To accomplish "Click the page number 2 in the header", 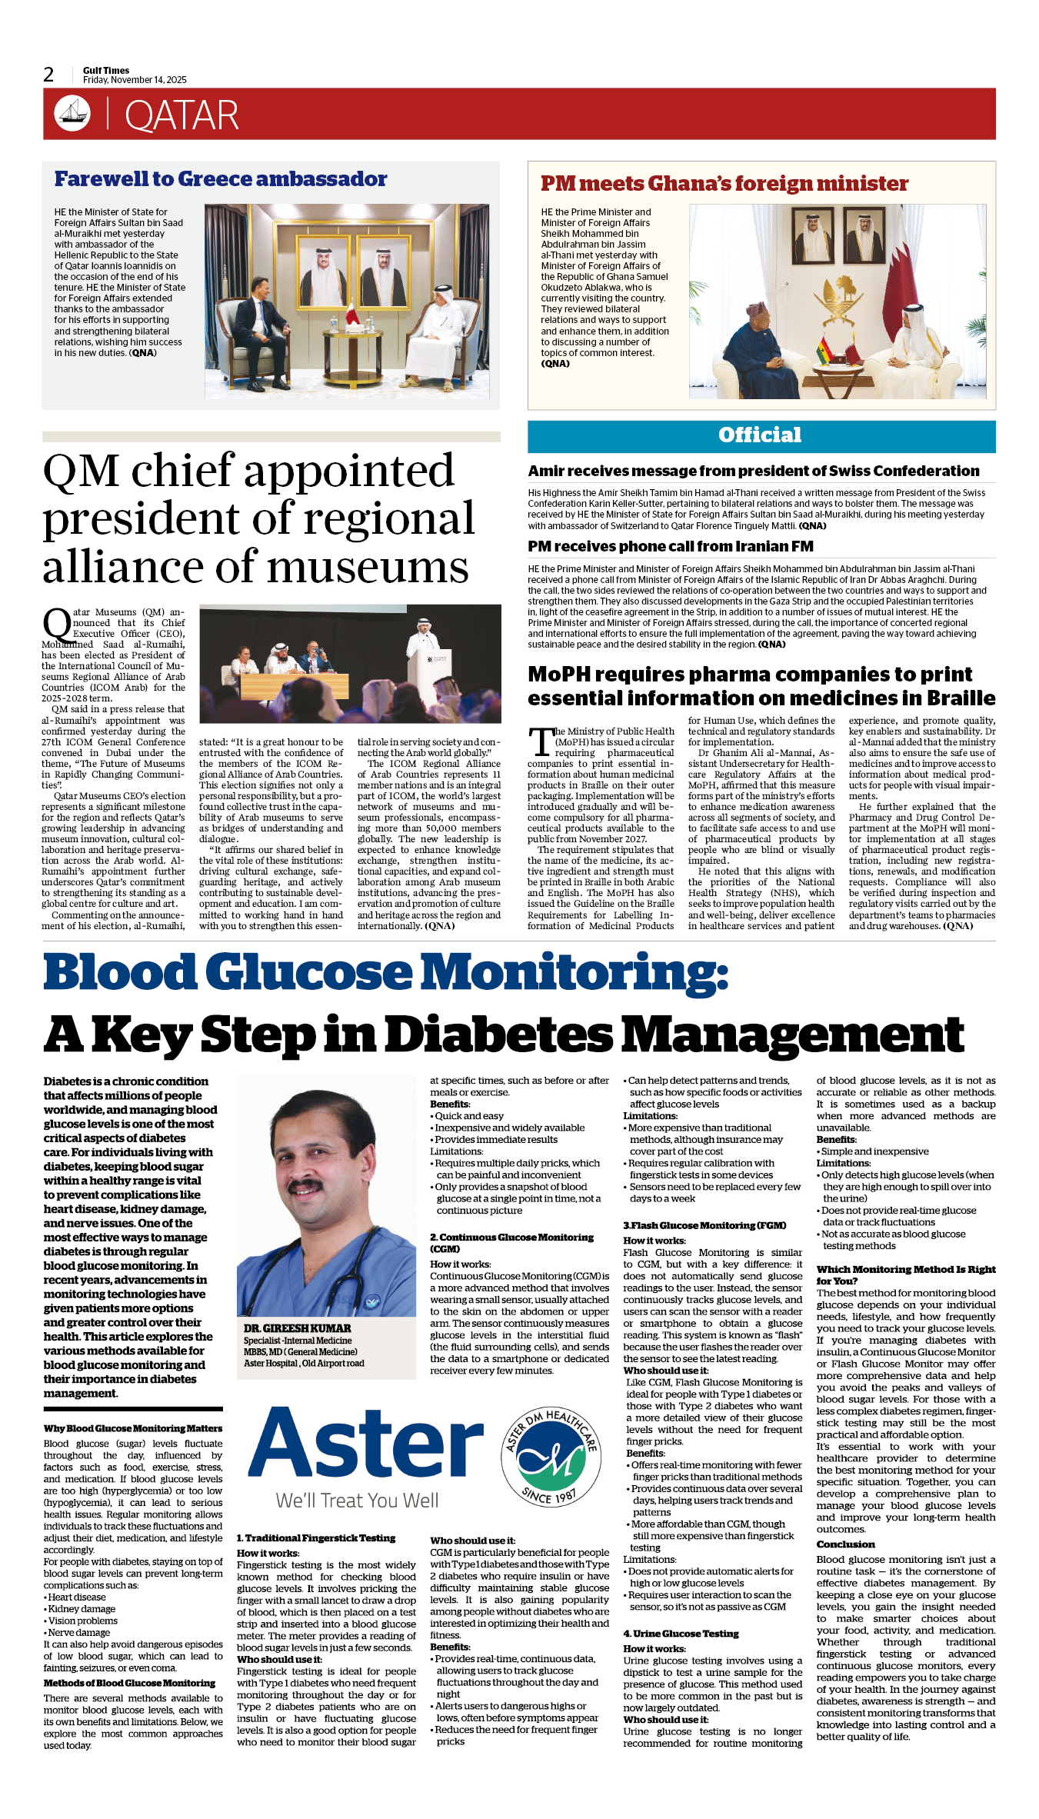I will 48,75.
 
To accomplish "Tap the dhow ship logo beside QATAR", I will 72,113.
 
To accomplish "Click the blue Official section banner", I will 761,436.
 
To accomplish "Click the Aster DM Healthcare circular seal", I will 551,1458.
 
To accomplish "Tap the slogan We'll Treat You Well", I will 357,1501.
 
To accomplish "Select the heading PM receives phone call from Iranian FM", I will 670,546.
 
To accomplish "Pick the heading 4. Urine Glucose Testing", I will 681,1633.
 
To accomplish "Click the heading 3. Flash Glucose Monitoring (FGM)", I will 704,1225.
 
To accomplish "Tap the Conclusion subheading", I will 845,1544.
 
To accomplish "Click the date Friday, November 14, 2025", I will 135,80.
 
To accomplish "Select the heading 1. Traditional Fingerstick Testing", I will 315,1537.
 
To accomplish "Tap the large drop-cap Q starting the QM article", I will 57,624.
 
